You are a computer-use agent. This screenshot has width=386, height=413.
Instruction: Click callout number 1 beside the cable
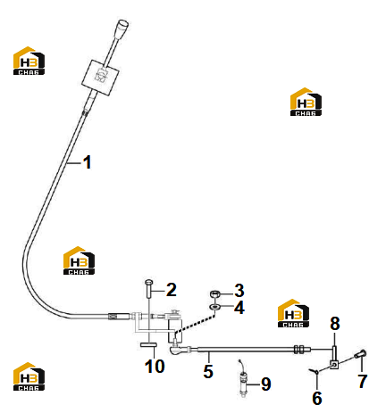point(87,162)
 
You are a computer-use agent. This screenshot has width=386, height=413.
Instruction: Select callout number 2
point(172,290)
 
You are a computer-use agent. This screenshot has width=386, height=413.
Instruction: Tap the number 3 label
point(239,291)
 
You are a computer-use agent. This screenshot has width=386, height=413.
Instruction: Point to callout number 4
point(239,308)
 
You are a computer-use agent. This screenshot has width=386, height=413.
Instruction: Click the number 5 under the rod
point(208,371)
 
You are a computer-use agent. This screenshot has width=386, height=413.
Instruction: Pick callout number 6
point(317,398)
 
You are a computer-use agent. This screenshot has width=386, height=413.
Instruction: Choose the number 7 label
point(362,381)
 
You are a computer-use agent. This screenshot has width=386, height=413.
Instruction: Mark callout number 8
point(335,323)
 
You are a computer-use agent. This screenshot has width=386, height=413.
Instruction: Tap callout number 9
point(266,384)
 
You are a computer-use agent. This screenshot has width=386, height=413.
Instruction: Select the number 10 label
point(155,366)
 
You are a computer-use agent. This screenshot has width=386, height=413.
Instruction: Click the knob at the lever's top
point(122,26)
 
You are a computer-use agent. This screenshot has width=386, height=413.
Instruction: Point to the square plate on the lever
point(100,78)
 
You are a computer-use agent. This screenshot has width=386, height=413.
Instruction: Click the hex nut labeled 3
point(214,294)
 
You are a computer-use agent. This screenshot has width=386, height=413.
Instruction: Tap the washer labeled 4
point(214,307)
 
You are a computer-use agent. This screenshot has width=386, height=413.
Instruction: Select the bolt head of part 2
point(148,282)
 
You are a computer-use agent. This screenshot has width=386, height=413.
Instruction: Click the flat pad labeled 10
point(148,344)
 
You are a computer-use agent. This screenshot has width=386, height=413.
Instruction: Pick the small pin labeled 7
point(360,354)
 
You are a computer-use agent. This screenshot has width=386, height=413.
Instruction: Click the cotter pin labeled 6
point(315,370)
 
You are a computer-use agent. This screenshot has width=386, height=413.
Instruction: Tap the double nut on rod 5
point(298,350)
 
